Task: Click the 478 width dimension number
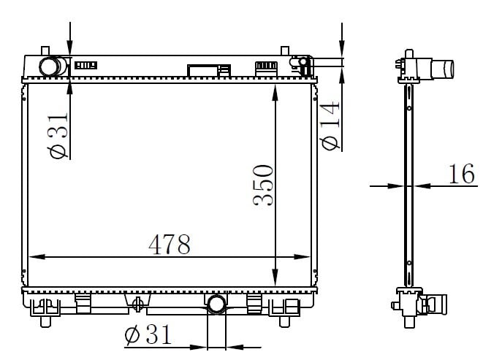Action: coord(170,245)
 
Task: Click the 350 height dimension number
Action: coord(263,185)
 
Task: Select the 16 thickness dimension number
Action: coord(461,174)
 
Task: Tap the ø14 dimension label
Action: coord(330,126)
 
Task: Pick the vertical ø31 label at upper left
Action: coord(57,135)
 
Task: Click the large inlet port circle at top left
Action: coord(49,66)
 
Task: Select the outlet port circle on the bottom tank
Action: coord(216,305)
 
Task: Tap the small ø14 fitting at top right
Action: coord(303,62)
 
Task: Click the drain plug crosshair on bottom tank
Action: coord(137,305)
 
